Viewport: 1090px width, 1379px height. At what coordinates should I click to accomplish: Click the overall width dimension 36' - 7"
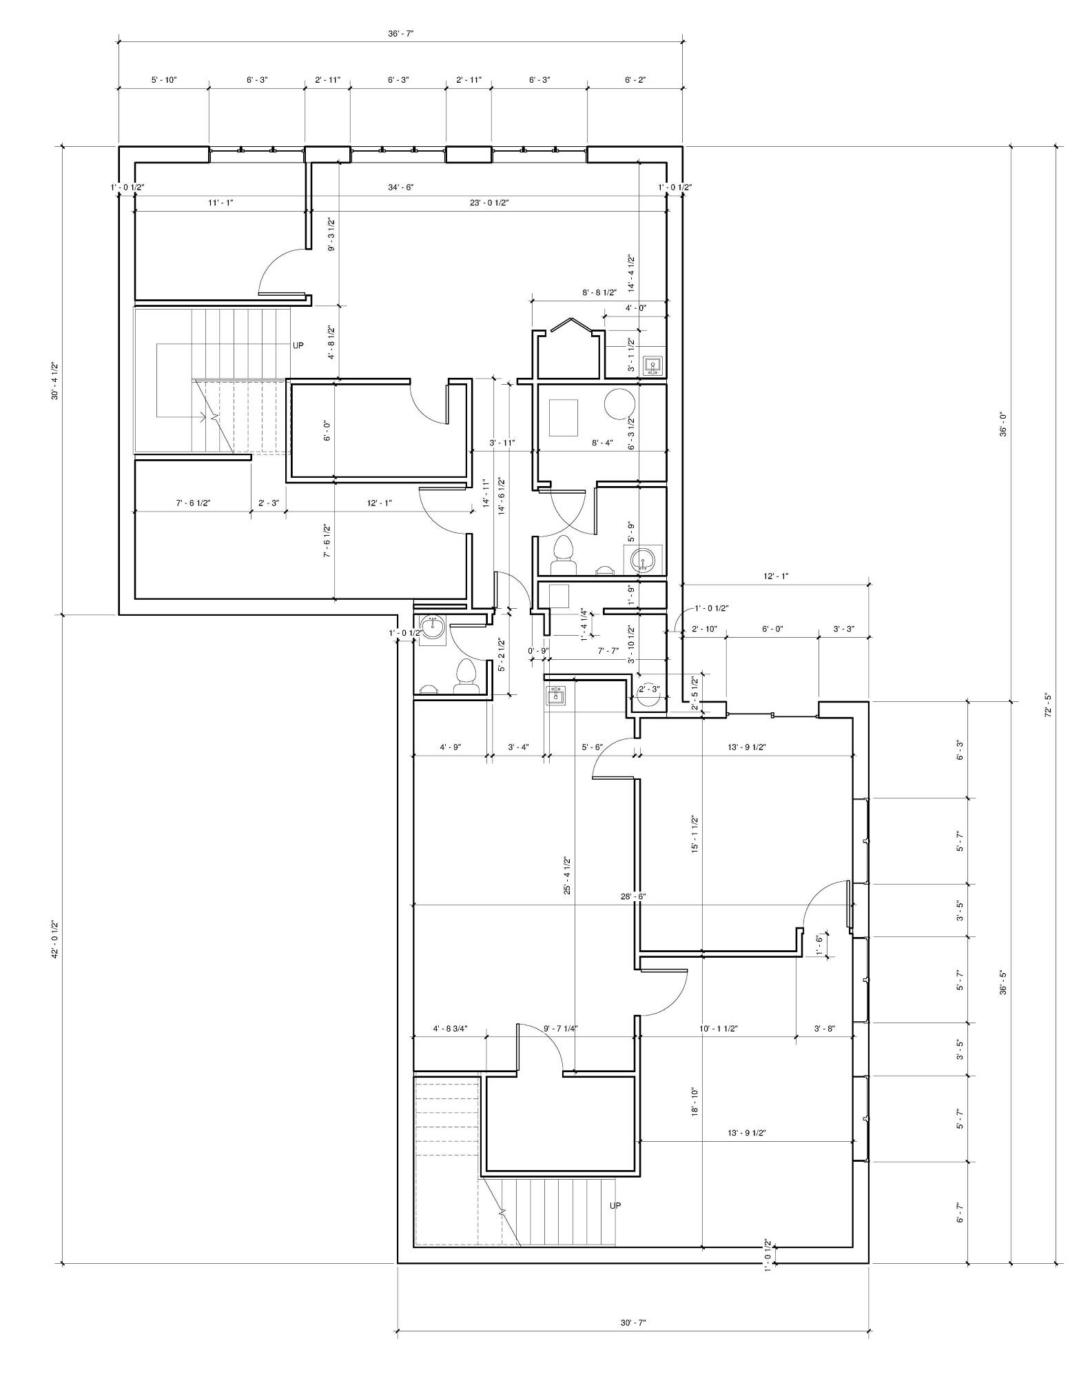coord(400,34)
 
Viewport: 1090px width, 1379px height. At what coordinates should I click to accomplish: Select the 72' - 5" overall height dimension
coord(1048,705)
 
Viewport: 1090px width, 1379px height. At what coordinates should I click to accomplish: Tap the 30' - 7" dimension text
coord(633,1322)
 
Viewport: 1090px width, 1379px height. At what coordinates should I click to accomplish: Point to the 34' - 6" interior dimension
coord(400,187)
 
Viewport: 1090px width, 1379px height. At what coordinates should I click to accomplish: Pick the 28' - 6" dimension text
coord(633,896)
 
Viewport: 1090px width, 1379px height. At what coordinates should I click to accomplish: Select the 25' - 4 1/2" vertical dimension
coord(567,876)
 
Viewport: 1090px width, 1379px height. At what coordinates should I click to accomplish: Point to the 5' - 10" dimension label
coord(164,80)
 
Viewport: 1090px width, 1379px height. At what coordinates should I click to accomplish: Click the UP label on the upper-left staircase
coord(298,345)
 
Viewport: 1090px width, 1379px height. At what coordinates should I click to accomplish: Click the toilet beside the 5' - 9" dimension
coord(564,556)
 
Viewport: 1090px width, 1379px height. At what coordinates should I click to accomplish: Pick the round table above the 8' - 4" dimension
coord(619,404)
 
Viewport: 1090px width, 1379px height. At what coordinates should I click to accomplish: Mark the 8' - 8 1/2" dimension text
coord(599,292)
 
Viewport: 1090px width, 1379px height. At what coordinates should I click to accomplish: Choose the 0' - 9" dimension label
coord(538,650)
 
